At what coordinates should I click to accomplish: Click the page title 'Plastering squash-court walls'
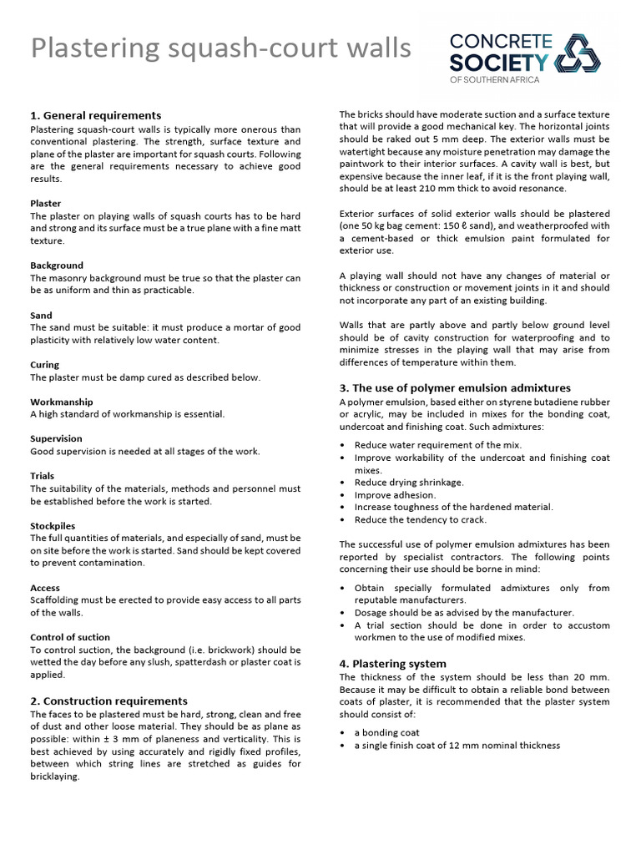[221, 48]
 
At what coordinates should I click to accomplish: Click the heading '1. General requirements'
[96, 115]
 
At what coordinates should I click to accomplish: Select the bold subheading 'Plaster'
[46, 203]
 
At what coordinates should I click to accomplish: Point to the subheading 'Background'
[57, 265]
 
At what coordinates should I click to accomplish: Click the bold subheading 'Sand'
[42, 315]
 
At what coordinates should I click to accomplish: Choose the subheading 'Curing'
[45, 364]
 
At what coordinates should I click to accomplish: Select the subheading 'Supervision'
[57, 438]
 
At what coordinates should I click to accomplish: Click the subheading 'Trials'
[43, 476]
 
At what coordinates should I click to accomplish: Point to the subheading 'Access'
[45, 588]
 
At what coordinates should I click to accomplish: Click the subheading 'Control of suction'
[70, 637]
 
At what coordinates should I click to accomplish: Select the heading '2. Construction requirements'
[109, 701]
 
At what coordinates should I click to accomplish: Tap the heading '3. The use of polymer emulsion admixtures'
[455, 387]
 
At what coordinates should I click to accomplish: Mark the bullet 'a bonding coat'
[386, 732]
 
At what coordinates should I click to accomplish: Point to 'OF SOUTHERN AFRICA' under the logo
[495, 79]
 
